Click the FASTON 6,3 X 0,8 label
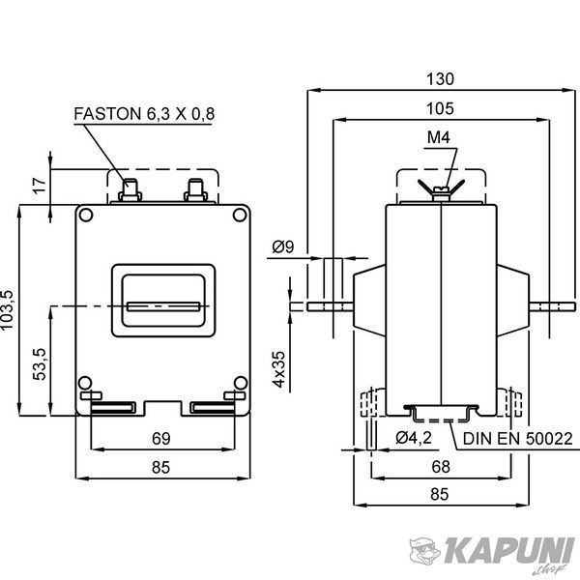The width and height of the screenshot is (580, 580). coord(144,114)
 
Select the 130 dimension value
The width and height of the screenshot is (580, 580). coord(440,79)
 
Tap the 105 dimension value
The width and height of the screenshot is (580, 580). coord(440,108)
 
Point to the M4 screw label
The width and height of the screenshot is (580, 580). coord(439,137)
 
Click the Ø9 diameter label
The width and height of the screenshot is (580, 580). coord(283,246)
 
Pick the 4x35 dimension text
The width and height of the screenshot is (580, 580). coord(279,369)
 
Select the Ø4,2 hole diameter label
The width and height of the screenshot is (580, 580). coord(414,438)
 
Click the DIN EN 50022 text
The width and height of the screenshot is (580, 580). coord(517,439)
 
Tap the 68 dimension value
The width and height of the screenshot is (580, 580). coord(441,467)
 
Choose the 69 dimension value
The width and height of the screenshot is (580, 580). coord(160,439)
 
